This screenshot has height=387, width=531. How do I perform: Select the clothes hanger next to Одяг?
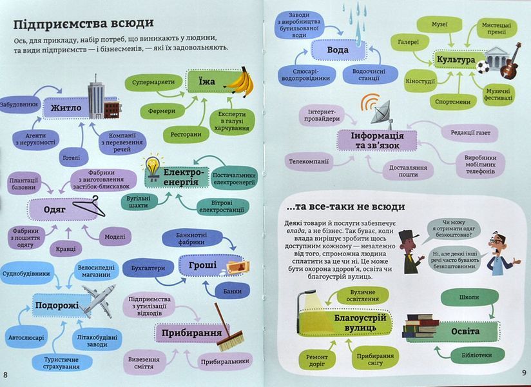pos(90,206)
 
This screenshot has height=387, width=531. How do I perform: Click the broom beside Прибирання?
pos(228,328)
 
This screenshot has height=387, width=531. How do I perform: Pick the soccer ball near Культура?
pos(482,67)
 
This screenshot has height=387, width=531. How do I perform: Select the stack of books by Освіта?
pos(420,326)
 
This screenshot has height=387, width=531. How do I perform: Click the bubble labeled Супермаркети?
pos(153,83)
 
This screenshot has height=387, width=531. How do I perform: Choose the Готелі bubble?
pos(71,157)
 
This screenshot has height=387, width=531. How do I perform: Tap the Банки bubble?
pos(232,291)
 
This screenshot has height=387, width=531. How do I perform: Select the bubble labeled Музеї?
pos(439,25)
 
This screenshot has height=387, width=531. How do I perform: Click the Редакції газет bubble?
pos(470,133)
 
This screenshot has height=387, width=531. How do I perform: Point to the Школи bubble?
pos(468,297)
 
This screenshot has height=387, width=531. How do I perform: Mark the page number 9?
pos(523,373)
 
